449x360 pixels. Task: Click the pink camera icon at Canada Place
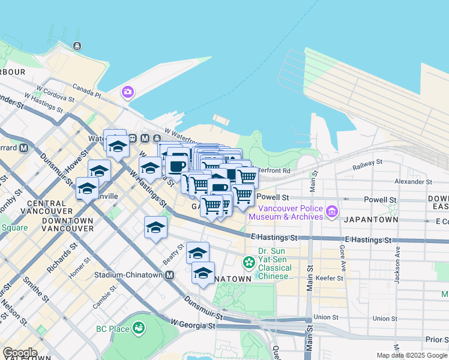[x=128, y=92]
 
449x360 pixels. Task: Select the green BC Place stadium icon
[x=139, y=328]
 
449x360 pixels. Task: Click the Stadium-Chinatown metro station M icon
[x=170, y=275]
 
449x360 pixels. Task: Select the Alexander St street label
[x=413, y=181]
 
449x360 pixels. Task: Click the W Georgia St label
[x=193, y=325]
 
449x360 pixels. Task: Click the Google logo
[x=19, y=353]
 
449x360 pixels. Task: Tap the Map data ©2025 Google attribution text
[x=411, y=355]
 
